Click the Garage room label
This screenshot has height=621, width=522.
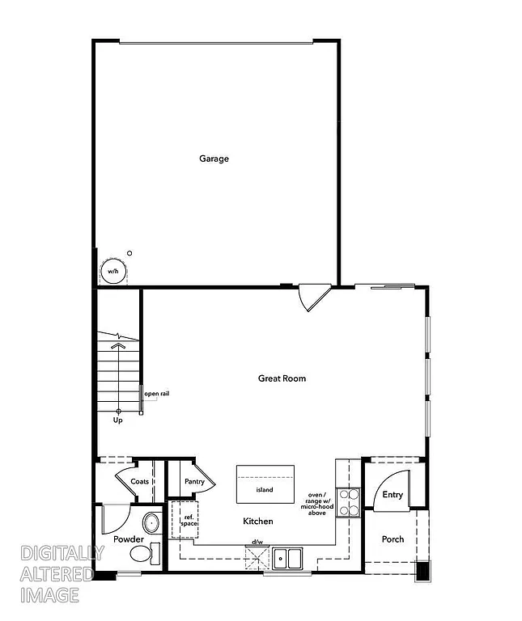click(214, 158)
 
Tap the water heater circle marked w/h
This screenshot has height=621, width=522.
click(112, 272)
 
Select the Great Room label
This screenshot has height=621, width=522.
click(282, 378)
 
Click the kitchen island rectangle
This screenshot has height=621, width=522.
click(264, 484)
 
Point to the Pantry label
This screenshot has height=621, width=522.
click(194, 482)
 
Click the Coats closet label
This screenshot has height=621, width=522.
click(139, 481)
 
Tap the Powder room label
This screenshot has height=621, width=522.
click(129, 539)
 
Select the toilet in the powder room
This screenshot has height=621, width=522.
click(146, 554)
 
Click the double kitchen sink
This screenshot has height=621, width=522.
click(287, 557)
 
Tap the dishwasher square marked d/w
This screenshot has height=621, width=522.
click(257, 557)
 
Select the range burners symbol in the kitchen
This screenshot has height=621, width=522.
click(349, 501)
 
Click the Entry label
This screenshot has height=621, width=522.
click(393, 495)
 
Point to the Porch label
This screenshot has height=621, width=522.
click(393, 539)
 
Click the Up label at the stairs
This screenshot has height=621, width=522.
click(117, 420)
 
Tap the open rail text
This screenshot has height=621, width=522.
click(157, 394)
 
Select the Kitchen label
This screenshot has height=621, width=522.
click(258, 522)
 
